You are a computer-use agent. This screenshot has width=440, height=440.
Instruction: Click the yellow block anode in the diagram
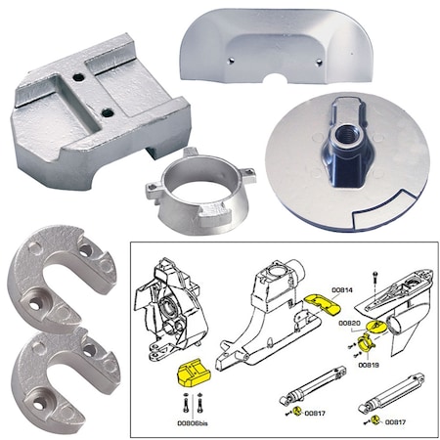pyautogui.click(x=188, y=374)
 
